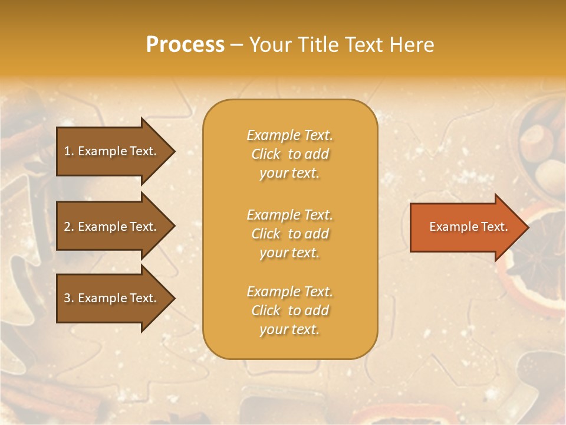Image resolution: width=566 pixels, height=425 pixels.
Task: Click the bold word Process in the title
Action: [185, 45]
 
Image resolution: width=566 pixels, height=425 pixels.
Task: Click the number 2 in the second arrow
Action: [67, 227]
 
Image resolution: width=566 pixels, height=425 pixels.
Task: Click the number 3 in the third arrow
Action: [67, 298]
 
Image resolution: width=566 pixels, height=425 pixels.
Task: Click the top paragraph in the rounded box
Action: [289, 154]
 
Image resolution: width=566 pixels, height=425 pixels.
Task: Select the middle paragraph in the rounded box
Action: [289, 234]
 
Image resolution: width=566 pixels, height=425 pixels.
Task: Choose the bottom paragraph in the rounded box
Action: [289, 310]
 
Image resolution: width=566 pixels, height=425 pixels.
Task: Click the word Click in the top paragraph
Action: [266, 154]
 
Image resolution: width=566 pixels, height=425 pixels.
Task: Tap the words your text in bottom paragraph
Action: [289, 329]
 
